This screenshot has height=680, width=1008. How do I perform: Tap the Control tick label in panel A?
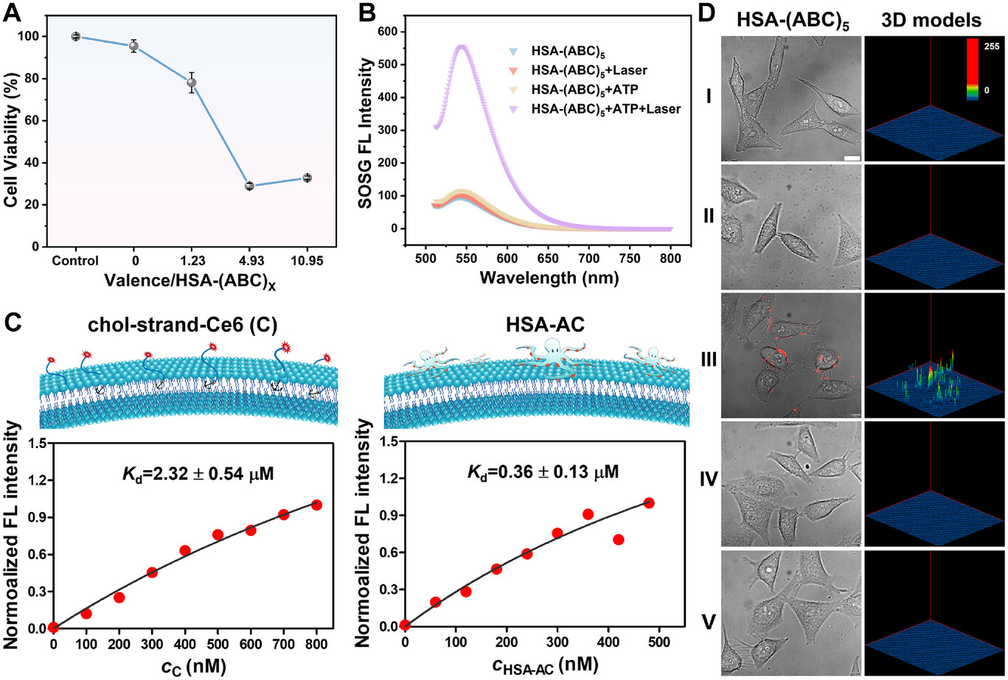[76, 261]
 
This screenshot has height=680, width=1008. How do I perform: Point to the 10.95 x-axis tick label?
[306, 261]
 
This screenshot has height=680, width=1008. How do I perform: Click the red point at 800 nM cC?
[317, 505]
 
